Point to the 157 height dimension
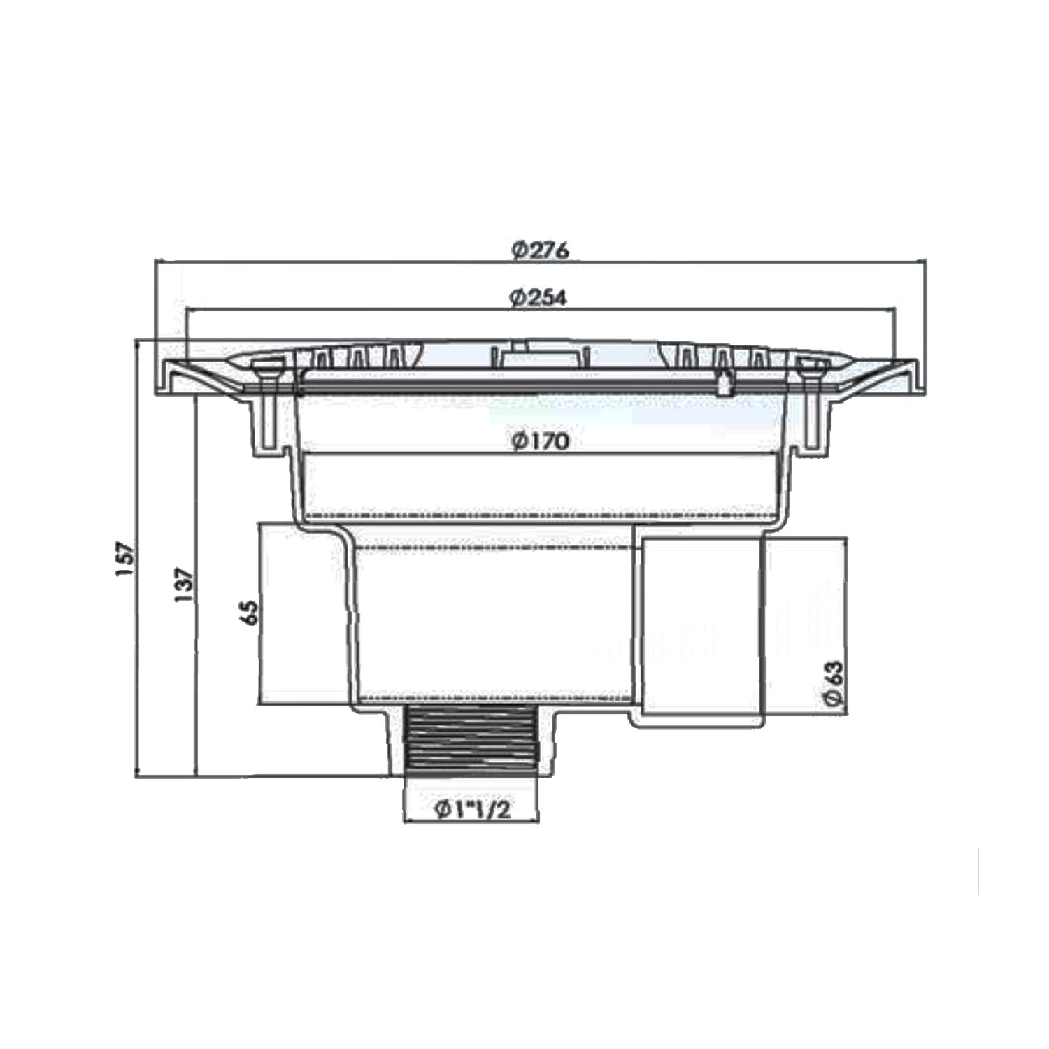(124, 559)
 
